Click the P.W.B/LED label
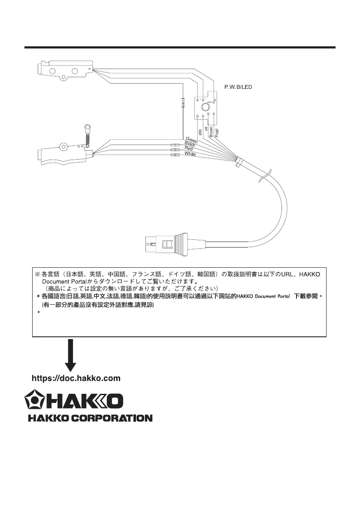click(x=238, y=87)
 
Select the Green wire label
click(x=191, y=139)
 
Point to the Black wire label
click(x=190, y=144)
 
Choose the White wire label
click(x=190, y=154)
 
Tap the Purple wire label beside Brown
click(x=217, y=130)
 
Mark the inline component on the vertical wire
click(x=183, y=103)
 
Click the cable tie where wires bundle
click(x=239, y=162)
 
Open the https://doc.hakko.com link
click(x=76, y=378)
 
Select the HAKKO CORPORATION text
click(x=90, y=417)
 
